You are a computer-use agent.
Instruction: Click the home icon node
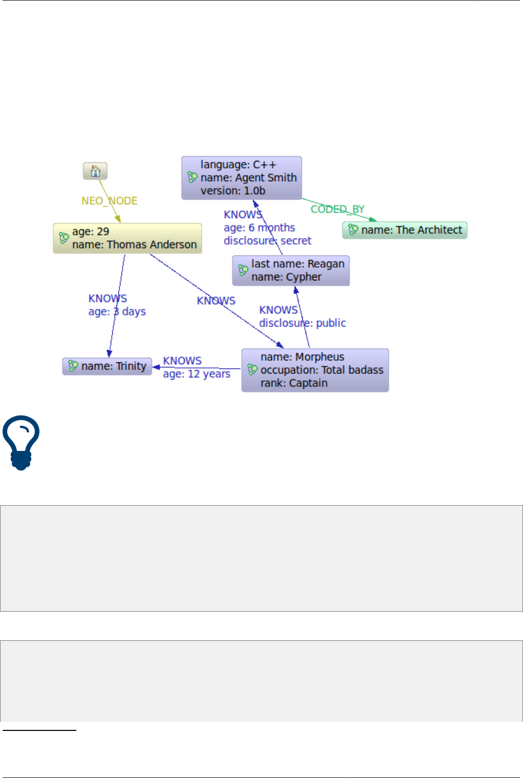(x=95, y=171)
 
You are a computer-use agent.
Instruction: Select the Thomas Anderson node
(x=128, y=239)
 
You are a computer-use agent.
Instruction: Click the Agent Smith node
(x=242, y=178)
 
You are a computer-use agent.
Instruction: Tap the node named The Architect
(x=405, y=230)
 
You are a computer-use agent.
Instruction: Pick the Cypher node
(x=291, y=271)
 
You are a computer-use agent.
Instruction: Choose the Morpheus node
(x=315, y=370)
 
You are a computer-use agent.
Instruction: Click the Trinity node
(x=107, y=366)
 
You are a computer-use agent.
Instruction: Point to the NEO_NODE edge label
(x=110, y=201)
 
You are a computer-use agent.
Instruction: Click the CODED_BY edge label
(x=338, y=209)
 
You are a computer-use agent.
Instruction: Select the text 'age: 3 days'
(x=117, y=312)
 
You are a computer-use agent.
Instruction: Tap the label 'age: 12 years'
(x=197, y=374)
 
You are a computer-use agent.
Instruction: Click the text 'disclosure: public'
(x=302, y=323)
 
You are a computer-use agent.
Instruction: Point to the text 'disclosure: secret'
(x=267, y=241)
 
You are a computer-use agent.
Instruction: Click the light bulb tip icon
(x=21, y=442)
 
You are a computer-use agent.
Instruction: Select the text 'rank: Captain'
(x=294, y=383)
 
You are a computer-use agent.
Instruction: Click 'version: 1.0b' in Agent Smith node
(x=233, y=191)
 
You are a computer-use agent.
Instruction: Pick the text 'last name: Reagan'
(x=298, y=264)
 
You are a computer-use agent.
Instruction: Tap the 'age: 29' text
(x=91, y=232)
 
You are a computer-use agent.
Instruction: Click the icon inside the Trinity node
(x=73, y=366)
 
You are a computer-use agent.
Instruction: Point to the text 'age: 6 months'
(x=259, y=228)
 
